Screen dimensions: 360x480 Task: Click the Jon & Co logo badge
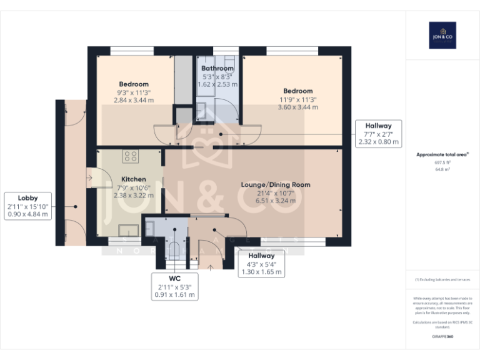coord(442,35)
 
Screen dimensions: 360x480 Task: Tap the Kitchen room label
coord(133,179)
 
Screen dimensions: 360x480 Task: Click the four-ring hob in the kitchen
coord(131,156)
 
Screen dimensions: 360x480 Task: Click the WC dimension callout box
coord(174,286)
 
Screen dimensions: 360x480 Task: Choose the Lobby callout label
coord(27,197)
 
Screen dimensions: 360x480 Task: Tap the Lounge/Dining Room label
coord(276,184)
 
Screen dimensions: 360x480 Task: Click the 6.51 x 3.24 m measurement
coord(276,201)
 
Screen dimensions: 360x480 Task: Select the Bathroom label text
coord(217,68)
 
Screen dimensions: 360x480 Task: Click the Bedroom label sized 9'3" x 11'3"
coord(134,84)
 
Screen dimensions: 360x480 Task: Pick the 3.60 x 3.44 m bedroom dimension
coord(298,107)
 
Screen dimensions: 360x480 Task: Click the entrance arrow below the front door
coord(211,268)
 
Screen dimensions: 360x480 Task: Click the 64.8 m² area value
coord(442,169)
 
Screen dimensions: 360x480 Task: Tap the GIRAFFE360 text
coord(442,337)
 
